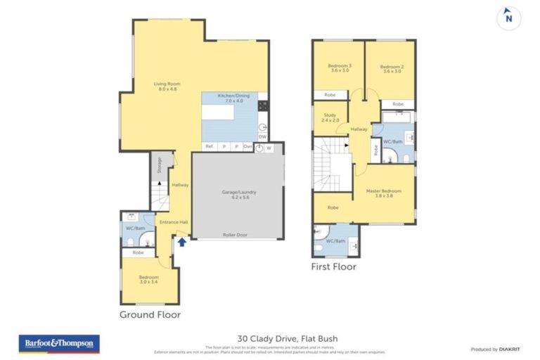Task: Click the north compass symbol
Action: [x=508, y=19]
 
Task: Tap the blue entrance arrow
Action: [x=182, y=242]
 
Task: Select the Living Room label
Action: [x=167, y=86]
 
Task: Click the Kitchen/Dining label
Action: [x=230, y=98]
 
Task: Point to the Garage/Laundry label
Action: [x=239, y=195]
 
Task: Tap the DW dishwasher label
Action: [x=262, y=136]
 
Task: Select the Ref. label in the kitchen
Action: [x=208, y=146]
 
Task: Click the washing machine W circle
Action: [x=269, y=148]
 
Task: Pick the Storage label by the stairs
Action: [x=160, y=165]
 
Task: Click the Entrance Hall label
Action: [x=173, y=222]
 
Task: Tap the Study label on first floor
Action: [x=329, y=117]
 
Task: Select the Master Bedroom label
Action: [x=384, y=193]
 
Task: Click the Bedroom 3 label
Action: [x=340, y=68]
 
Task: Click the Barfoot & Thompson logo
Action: [x=59, y=343]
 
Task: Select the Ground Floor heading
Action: [x=150, y=314]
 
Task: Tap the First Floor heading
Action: [x=333, y=266]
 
